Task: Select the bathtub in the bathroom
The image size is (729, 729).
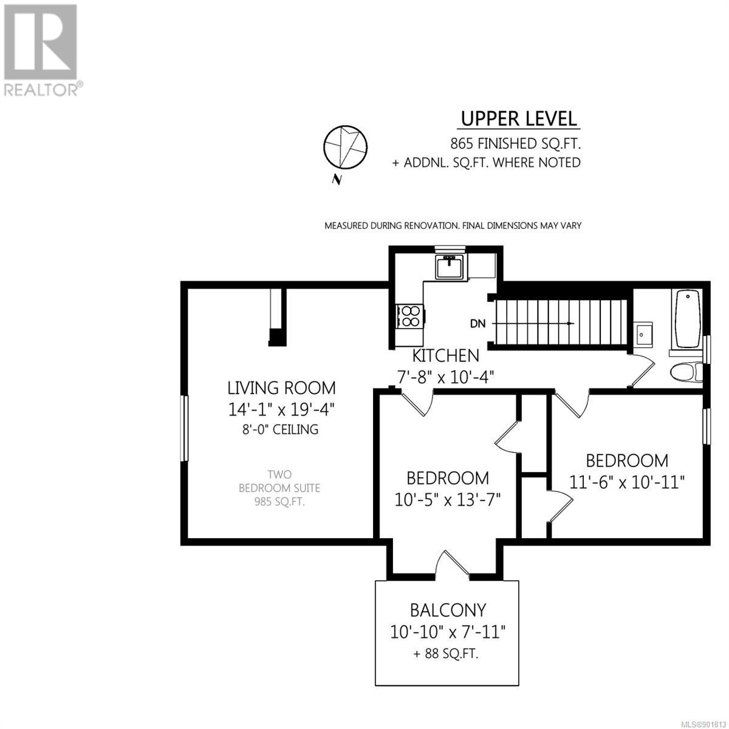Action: coord(688,319)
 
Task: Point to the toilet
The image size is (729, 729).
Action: coord(686,372)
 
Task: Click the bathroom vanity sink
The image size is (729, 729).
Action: coord(643,334)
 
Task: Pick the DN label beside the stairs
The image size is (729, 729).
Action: coord(477,324)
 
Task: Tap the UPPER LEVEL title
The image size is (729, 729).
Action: coord(519,119)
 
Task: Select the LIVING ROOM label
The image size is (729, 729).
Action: coord(281,388)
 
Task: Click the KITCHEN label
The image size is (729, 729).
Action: coord(445,356)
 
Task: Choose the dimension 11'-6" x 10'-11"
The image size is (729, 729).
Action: coord(627,483)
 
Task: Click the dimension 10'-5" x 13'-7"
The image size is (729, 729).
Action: coord(448,500)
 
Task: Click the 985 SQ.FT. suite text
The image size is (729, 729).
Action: coord(279,502)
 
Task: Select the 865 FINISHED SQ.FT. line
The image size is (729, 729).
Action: coord(515,144)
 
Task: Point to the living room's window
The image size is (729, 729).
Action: coord(184,428)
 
